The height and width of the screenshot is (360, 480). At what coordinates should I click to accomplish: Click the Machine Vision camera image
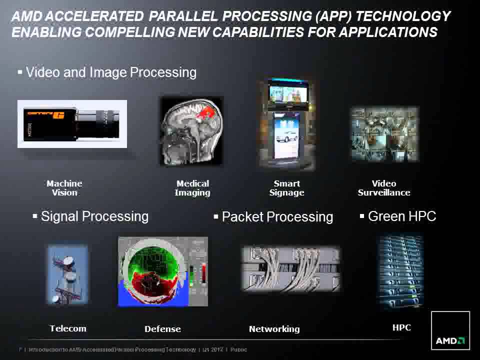point(72,124)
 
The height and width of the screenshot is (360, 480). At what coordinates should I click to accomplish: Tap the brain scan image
point(191,131)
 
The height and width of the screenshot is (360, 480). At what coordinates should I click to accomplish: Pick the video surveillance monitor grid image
point(383,134)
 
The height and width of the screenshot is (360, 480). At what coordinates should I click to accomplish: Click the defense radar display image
point(162,271)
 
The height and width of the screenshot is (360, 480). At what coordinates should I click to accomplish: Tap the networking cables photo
point(290,268)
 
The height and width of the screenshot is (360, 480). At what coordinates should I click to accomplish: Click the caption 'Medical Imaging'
point(192,188)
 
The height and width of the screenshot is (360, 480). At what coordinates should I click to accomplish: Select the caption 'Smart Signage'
point(286,188)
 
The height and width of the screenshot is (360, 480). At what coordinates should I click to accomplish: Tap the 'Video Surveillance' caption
point(384,188)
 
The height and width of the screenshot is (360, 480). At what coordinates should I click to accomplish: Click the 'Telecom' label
point(68,328)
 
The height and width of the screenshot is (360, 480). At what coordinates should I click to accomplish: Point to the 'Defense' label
point(162,329)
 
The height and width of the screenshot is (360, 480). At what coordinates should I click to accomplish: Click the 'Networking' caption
point(274,329)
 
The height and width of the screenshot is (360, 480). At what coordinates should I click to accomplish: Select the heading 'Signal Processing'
point(94,216)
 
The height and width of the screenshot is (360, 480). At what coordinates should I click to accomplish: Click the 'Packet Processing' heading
point(277,217)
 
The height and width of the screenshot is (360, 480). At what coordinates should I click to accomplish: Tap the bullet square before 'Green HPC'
point(362,216)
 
